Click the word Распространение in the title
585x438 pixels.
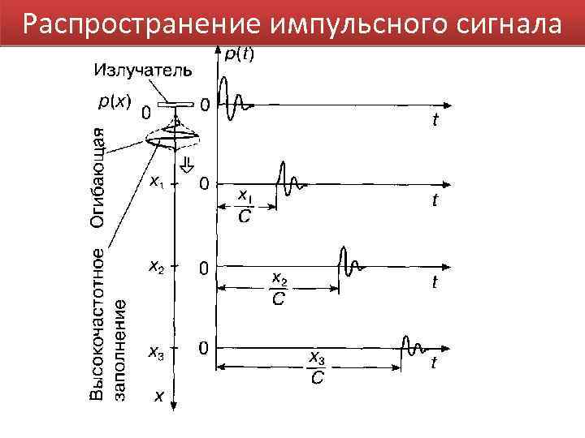[137, 24]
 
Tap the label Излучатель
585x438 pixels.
[143, 71]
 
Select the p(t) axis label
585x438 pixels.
[239, 54]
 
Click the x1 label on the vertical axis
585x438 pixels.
[156, 182]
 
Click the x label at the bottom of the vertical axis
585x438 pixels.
[160, 397]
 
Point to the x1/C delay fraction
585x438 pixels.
[245, 207]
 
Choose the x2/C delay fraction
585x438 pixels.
[279, 290]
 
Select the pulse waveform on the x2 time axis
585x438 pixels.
[350, 263]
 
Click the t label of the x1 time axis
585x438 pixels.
[435, 201]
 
